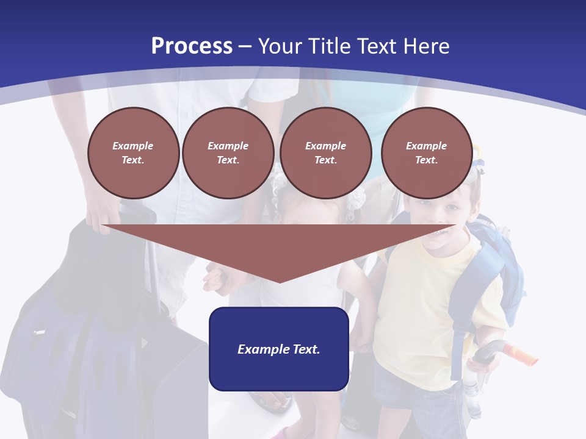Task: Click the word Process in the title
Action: click(x=192, y=46)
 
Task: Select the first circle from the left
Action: click(x=134, y=153)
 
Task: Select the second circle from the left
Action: click(x=228, y=153)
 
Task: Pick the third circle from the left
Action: click(x=326, y=153)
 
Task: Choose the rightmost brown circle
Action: click(x=427, y=153)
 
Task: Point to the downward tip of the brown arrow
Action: click(x=280, y=280)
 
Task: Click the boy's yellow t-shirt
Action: click(x=415, y=305)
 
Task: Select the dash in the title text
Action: click(x=245, y=46)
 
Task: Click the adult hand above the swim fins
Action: click(x=101, y=213)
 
